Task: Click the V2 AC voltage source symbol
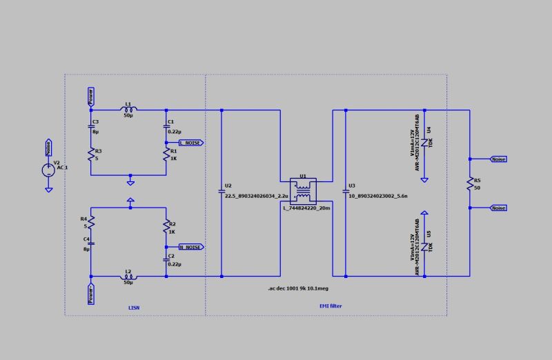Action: pyautogui.click(x=48, y=169)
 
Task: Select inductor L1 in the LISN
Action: pyautogui.click(x=128, y=110)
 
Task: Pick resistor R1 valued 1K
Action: pyautogui.click(x=166, y=154)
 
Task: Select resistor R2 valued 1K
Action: pyautogui.click(x=166, y=228)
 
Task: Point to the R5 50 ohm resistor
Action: pyautogui.click(x=469, y=183)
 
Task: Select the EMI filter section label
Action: pyautogui.click(x=330, y=306)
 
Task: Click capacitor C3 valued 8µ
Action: pyautogui.click(x=90, y=126)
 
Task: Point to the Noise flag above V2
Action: pyautogui.click(x=48, y=147)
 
